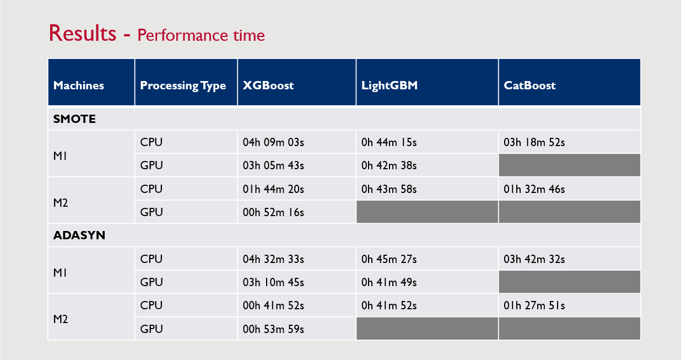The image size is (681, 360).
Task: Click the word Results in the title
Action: [x=83, y=33]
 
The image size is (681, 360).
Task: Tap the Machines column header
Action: [x=78, y=85]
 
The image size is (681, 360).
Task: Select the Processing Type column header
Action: [x=183, y=86]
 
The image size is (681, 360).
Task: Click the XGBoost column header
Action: [x=268, y=85]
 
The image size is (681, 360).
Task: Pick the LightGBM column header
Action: [x=390, y=85]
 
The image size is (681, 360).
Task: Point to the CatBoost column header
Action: [x=529, y=85]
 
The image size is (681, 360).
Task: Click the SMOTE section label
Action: [x=74, y=119]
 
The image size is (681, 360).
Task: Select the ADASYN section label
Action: [x=79, y=235]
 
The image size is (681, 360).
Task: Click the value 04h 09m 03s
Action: [x=273, y=142]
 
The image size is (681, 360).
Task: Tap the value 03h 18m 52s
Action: [x=534, y=142]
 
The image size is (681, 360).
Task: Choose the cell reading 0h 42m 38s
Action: [x=389, y=165]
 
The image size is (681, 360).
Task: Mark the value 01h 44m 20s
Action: [x=273, y=189]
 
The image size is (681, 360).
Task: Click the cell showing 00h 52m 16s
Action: [x=273, y=212]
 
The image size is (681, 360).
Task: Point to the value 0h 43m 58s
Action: [x=389, y=189]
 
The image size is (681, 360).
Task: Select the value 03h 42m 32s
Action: [x=534, y=259]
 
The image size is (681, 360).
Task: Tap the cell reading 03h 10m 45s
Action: [x=273, y=282]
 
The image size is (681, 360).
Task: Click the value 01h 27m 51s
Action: [x=534, y=305]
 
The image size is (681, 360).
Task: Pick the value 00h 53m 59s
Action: [x=273, y=329]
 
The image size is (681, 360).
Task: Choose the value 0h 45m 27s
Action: [x=389, y=259]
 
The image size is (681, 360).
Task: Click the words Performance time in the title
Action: [x=201, y=35]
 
